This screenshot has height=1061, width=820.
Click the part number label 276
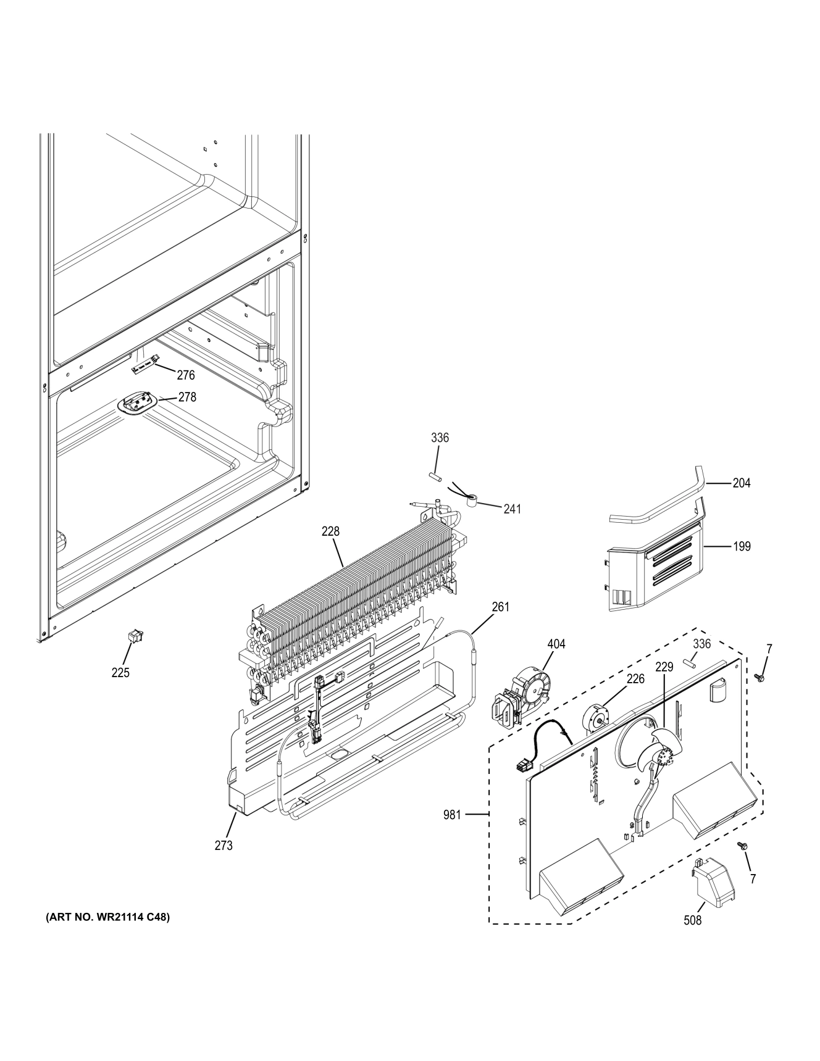(x=185, y=375)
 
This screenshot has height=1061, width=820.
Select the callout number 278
(x=187, y=397)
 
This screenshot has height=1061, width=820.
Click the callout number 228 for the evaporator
(x=330, y=531)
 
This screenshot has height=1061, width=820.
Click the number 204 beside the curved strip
(x=742, y=483)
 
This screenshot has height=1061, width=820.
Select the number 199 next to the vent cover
(x=742, y=546)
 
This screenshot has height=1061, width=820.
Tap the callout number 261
(x=501, y=607)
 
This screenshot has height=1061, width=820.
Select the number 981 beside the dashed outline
(x=452, y=815)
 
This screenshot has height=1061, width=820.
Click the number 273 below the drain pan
(x=224, y=846)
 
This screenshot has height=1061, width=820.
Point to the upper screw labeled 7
(x=760, y=678)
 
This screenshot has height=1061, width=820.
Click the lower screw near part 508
(x=743, y=846)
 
